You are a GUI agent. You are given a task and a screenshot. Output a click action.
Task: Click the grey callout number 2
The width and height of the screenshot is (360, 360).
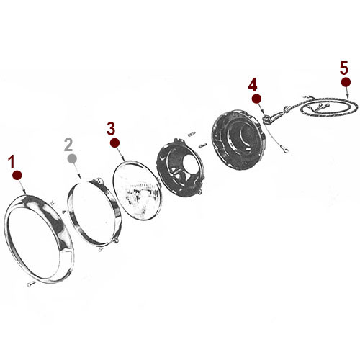69,144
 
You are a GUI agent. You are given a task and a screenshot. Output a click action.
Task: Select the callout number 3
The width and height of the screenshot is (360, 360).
110,128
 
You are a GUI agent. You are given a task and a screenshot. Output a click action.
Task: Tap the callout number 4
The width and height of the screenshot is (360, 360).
253,84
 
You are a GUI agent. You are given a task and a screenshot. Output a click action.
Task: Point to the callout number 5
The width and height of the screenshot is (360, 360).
344,68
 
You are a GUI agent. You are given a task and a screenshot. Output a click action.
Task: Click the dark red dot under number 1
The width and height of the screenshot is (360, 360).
17,175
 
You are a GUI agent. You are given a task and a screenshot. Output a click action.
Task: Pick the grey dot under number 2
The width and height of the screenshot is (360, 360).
71,158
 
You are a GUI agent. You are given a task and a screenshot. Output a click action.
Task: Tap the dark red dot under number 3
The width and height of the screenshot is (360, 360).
114,143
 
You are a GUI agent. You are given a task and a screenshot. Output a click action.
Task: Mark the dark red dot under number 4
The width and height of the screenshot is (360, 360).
255,97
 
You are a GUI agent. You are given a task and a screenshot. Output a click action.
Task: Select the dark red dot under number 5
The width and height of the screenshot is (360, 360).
346,82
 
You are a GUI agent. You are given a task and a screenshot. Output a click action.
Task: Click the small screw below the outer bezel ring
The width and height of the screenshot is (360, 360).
30,285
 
